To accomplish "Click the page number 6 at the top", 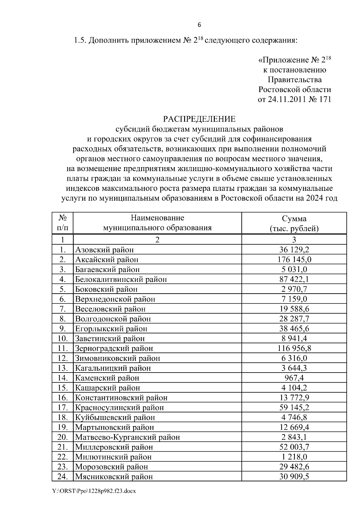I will click(x=199, y=25).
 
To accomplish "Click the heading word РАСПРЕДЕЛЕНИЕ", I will click(x=199, y=119).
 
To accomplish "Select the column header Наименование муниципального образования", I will click(x=157, y=223).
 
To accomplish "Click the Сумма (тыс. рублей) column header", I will click(x=294, y=223).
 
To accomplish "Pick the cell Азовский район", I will click(x=104, y=250).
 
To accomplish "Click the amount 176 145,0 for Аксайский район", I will click(x=294, y=260).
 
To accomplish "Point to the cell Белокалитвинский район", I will click(x=121, y=279).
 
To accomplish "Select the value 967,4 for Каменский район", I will click(x=294, y=378).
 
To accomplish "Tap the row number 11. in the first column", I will click(x=62, y=348).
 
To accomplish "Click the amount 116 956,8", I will click(x=294, y=348).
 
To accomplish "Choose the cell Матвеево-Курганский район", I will click(x=127, y=437).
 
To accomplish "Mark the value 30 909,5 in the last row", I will click(x=294, y=477).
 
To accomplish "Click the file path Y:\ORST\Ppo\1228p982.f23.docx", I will click(x=94, y=491).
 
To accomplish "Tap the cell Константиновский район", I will click(x=121, y=398).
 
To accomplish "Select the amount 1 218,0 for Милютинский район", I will click(x=294, y=457).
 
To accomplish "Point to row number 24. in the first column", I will click(x=62, y=477).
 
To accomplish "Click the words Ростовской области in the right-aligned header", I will click(x=294, y=90).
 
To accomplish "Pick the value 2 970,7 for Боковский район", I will click(x=294, y=289).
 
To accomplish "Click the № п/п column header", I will click(x=62, y=223).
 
